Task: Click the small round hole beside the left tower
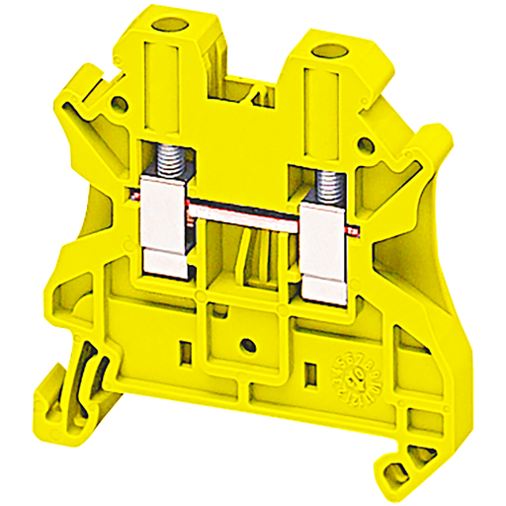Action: tap(122, 101)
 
